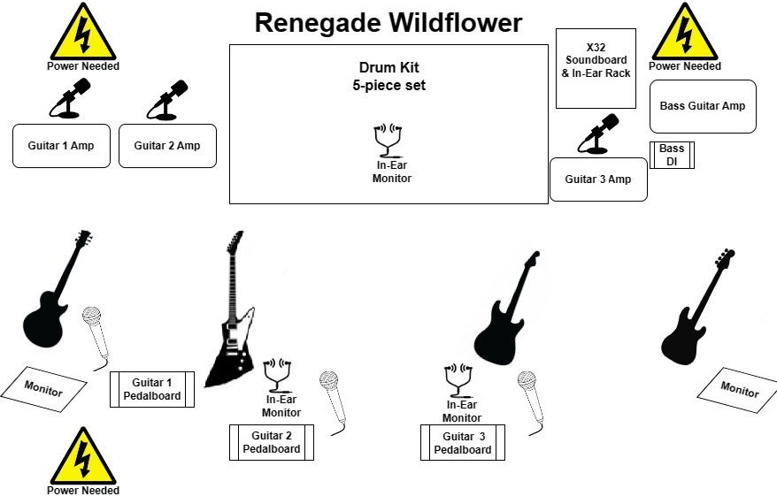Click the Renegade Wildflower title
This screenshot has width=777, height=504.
[388, 23]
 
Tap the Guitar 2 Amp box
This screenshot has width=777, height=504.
[167, 146]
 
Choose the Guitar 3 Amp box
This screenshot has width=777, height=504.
[598, 179]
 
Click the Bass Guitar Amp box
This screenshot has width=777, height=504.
[703, 106]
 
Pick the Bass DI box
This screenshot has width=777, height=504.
[672, 156]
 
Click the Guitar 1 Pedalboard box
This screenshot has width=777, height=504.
[151, 390]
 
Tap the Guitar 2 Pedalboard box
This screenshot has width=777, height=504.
[272, 442]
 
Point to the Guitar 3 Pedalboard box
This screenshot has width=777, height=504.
[462, 442]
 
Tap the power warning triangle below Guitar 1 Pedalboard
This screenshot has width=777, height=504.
[83, 455]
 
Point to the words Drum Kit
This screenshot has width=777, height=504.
[388, 68]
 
